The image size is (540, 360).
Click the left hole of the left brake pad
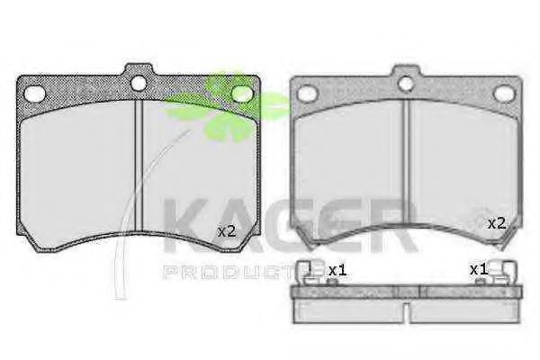click(x=35, y=94)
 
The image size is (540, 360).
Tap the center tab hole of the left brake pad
click(x=139, y=83)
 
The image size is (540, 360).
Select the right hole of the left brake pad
click(x=242, y=94)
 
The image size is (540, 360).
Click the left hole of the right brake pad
click(x=307, y=94)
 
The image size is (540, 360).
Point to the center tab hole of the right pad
click(x=406, y=84)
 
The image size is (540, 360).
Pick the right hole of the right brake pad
click(x=504, y=93)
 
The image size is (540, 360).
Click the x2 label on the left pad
click(x=227, y=231)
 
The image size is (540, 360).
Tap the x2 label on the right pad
click(x=497, y=224)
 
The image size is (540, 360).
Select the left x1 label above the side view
click(x=337, y=270)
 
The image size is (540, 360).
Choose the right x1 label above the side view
click(x=479, y=269)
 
